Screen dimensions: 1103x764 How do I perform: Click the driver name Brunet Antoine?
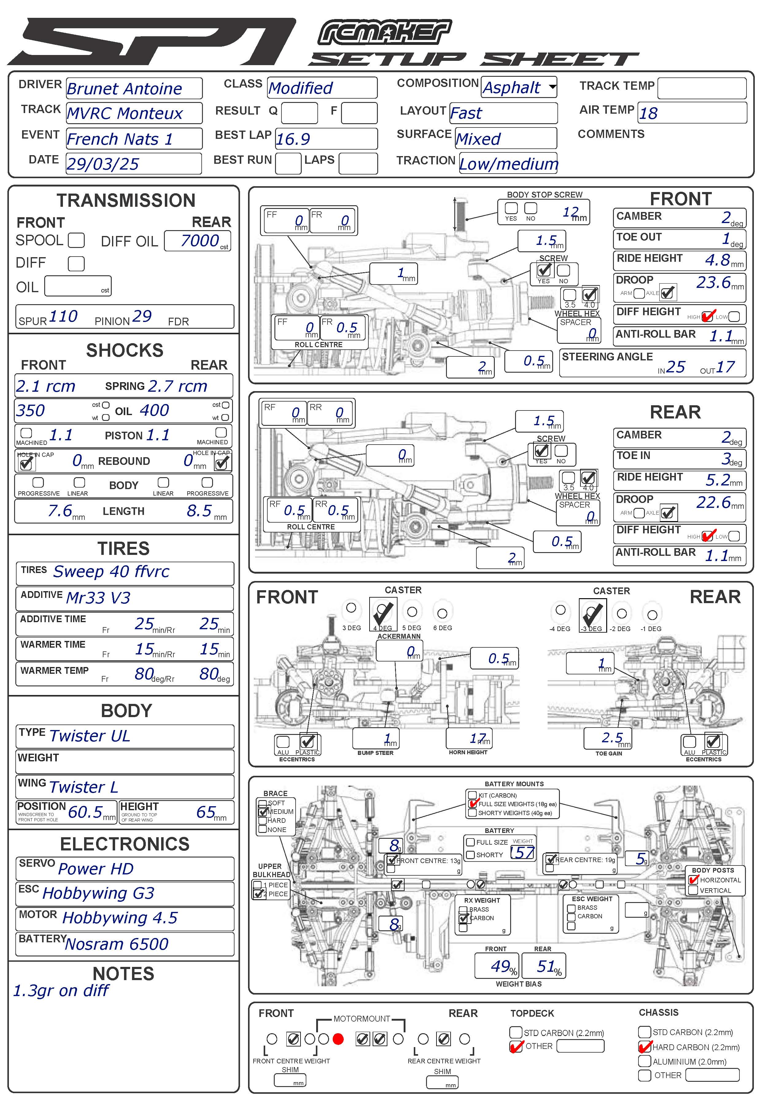pyautogui.click(x=124, y=89)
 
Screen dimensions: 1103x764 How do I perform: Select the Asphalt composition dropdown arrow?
pyautogui.click(x=553, y=87)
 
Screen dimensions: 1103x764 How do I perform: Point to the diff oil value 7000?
pyautogui.click(x=199, y=241)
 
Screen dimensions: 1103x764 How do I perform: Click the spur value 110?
pyautogui.click(x=63, y=316)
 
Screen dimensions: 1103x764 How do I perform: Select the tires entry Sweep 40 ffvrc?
pyautogui.click(x=111, y=571)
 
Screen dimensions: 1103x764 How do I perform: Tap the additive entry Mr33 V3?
pyautogui.click(x=98, y=598)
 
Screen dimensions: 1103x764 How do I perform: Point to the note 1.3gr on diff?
pyautogui.click(x=61, y=991)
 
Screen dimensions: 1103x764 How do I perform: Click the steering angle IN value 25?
pyautogui.click(x=675, y=367)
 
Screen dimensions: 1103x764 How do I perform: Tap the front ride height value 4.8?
pyautogui.click(x=718, y=260)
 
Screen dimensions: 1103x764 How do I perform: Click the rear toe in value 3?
pyautogui.click(x=726, y=458)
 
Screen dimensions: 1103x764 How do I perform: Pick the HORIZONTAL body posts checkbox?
pyautogui.click(x=693, y=880)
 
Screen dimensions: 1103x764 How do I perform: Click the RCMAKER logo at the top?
pyautogui.click(x=384, y=33)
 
